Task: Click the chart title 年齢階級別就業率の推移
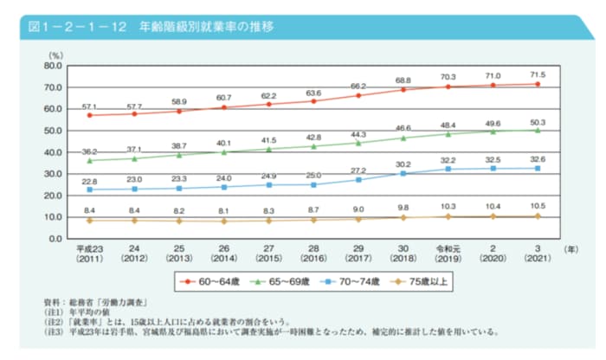point(200,27)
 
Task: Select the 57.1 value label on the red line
point(89,106)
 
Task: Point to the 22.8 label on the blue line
point(89,181)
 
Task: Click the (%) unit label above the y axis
point(55,55)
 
